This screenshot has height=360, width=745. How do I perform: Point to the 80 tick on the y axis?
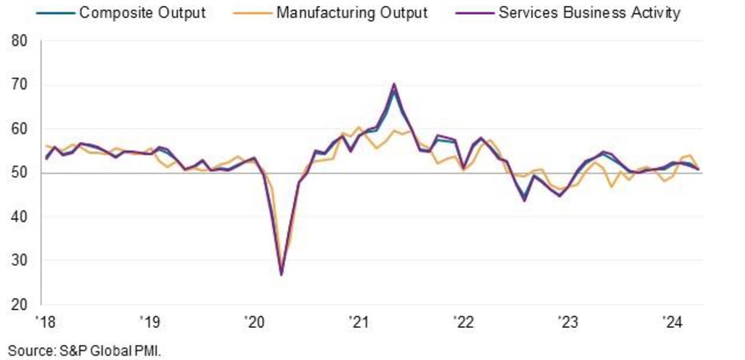tap(19, 41)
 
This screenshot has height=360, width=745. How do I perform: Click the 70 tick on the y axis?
tap(19, 84)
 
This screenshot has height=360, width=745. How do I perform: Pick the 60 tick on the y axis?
tap(19, 129)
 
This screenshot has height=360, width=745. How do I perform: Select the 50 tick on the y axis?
tap(19, 173)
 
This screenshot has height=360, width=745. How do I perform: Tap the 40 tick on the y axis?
tap(19, 217)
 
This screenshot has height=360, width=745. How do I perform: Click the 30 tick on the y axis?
tap(19, 261)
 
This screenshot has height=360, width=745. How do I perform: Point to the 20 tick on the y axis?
tap(19, 305)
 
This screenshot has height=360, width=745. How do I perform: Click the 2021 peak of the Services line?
tap(394, 84)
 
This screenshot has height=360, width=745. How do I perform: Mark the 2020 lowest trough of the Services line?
tap(281, 274)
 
